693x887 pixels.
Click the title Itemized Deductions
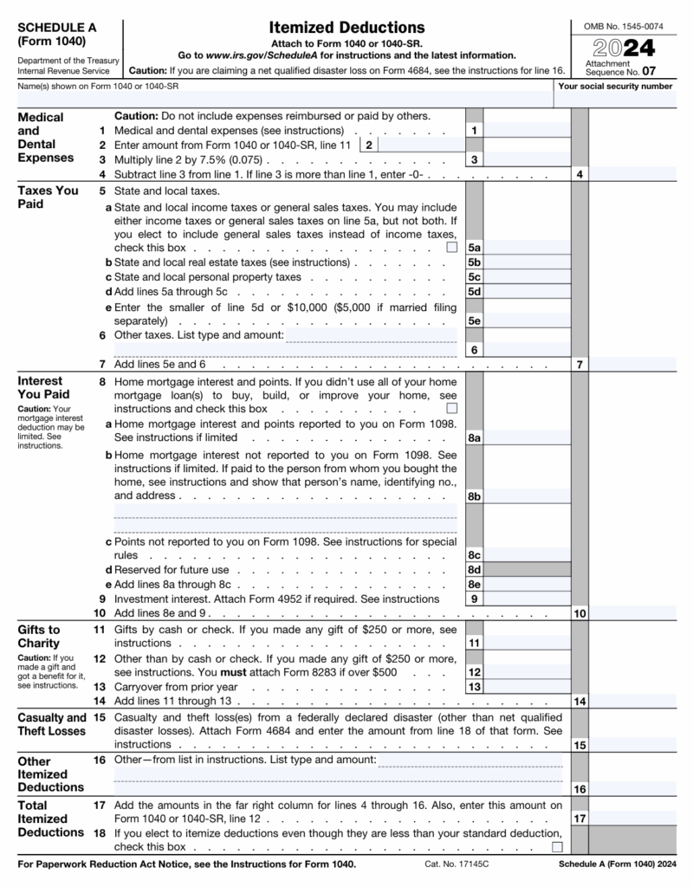[x=346, y=28]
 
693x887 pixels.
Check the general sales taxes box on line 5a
[x=451, y=248]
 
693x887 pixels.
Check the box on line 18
[x=557, y=846]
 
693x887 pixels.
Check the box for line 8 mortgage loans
[x=451, y=408]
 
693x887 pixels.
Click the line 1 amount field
[x=527, y=130]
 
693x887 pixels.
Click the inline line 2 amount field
[x=420, y=145]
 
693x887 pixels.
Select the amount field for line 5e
[x=527, y=320]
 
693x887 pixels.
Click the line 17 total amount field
[x=632, y=818]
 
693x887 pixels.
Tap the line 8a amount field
[x=527, y=438]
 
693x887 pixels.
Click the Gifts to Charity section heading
[x=39, y=636]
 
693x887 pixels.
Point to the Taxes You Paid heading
[x=48, y=197]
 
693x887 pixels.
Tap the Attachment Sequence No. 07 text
[x=615, y=68]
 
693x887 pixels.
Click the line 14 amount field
[x=632, y=701]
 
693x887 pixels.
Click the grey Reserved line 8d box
[x=527, y=569]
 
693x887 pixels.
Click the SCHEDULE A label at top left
[x=57, y=28]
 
